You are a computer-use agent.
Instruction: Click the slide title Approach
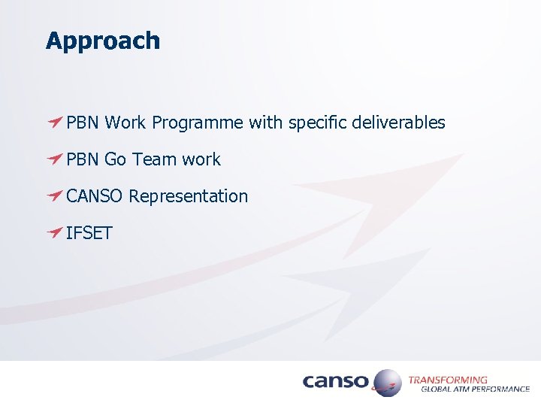point(102,41)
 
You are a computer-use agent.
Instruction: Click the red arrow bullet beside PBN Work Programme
point(54,122)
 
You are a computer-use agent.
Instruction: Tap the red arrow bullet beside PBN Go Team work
point(54,159)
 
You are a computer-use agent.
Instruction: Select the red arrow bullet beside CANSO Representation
point(54,195)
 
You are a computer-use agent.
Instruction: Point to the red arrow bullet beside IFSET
point(54,232)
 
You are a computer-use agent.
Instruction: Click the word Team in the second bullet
point(159,159)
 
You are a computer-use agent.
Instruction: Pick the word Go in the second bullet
point(115,159)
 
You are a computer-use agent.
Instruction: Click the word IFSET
point(89,233)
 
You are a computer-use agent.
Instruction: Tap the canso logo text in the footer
point(336,382)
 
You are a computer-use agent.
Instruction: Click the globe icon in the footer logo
point(387,382)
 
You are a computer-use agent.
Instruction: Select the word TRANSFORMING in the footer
point(448,380)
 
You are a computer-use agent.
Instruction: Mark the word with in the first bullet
point(264,122)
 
